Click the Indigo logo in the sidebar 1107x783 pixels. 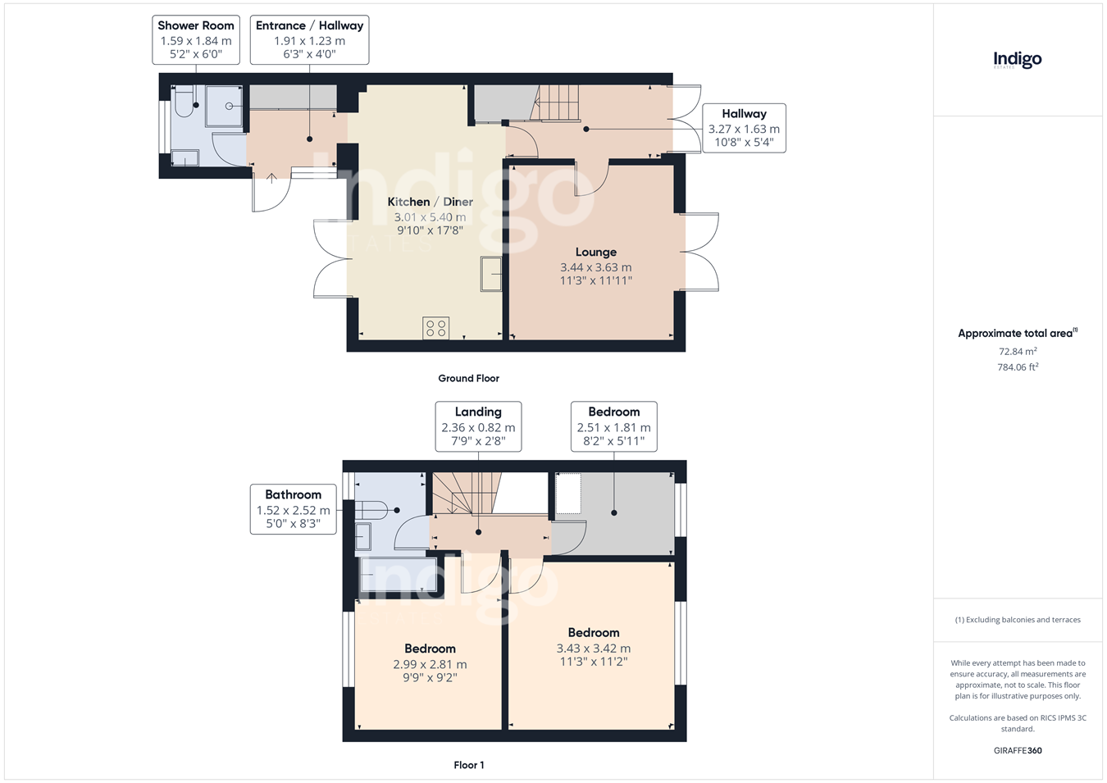[x=1018, y=60]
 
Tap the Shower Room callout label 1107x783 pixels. [x=196, y=39]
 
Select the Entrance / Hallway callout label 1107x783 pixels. [x=309, y=39]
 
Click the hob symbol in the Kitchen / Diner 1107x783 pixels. [x=436, y=328]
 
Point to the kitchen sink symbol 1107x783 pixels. [x=490, y=274]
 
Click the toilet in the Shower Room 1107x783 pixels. [x=184, y=102]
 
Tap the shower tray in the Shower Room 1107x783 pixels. [x=225, y=107]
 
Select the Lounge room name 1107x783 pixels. [x=595, y=252]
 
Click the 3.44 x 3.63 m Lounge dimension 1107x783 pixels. [x=595, y=267]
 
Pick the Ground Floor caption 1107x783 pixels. [x=468, y=379]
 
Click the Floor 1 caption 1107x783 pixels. [x=469, y=765]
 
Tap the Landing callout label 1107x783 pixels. [x=478, y=426]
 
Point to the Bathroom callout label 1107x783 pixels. [x=293, y=509]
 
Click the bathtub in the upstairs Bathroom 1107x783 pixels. [x=399, y=574]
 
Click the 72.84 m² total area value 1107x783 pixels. [x=1018, y=351]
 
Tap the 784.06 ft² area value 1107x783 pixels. [x=1018, y=367]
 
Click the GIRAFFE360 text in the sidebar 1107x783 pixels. [x=1018, y=751]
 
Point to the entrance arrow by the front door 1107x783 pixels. [x=271, y=179]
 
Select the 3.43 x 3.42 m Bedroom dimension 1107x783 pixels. [x=593, y=649]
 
